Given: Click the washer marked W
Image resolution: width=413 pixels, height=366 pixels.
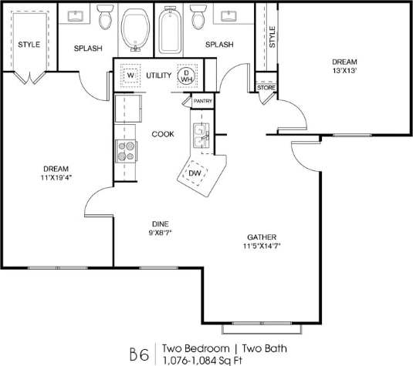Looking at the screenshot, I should tap(130, 76).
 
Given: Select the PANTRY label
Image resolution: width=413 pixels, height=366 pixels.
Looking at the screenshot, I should tap(203, 101).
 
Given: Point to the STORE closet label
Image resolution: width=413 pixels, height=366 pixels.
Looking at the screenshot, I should tap(266, 88).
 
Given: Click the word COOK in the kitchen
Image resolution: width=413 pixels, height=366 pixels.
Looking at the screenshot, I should tap(163, 133).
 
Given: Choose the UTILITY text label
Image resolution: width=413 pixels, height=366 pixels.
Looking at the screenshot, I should tap(159, 76).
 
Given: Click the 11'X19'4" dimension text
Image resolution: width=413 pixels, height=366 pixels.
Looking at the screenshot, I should tap(56, 178).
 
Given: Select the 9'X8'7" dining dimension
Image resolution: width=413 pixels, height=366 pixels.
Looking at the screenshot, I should tap(160, 232).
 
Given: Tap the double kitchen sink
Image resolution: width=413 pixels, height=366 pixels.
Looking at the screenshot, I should tap(201, 136).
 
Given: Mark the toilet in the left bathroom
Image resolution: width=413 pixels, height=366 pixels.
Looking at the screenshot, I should tap(106, 15).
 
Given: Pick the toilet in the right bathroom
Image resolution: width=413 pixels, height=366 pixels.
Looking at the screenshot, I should tap(197, 15).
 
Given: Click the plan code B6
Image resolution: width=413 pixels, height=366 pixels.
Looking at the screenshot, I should tap(139, 354).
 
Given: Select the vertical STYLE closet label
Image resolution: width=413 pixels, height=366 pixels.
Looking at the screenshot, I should tap(272, 35).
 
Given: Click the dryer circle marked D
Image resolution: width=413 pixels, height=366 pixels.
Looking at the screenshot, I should tap(185, 76).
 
